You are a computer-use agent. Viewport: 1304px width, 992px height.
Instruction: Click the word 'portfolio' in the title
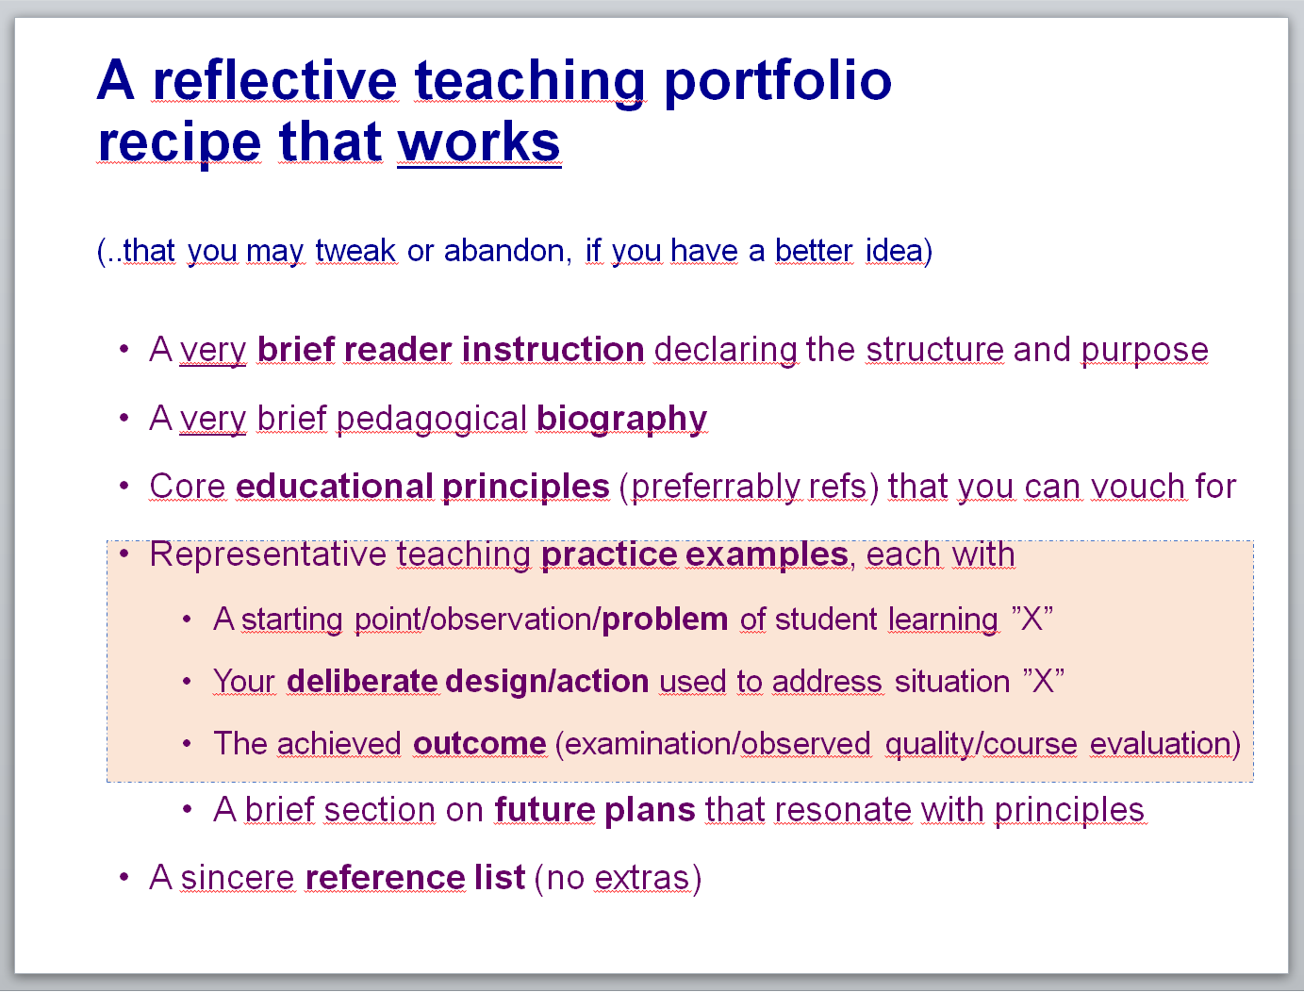pos(778,82)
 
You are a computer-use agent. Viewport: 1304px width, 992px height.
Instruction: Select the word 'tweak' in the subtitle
pos(355,250)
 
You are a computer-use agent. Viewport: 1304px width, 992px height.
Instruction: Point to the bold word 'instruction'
pos(553,349)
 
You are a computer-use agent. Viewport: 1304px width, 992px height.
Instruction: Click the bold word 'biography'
pos(621,419)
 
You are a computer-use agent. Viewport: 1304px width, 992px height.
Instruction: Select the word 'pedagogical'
pos(431,419)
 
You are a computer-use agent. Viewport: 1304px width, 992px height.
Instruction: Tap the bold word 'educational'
pos(335,487)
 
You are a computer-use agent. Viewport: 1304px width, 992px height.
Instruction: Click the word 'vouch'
pos(1138,487)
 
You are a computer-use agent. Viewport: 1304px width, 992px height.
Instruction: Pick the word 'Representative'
pos(268,554)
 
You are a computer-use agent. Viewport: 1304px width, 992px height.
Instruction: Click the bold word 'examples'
pos(767,554)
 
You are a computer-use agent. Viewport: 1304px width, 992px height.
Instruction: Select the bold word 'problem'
pos(665,620)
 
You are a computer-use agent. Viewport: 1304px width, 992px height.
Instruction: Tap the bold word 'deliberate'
pos(362,681)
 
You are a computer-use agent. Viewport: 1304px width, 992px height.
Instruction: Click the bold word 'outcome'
pos(479,744)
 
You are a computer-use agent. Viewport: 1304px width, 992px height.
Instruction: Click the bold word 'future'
pos(544,809)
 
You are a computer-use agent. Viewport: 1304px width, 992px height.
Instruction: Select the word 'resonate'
pos(842,810)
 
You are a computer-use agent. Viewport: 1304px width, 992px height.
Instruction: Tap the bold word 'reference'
pos(385,877)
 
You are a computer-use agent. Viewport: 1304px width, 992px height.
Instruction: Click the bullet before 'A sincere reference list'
pos(124,877)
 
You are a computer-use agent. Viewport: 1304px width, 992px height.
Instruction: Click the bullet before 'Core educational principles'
pos(124,486)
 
